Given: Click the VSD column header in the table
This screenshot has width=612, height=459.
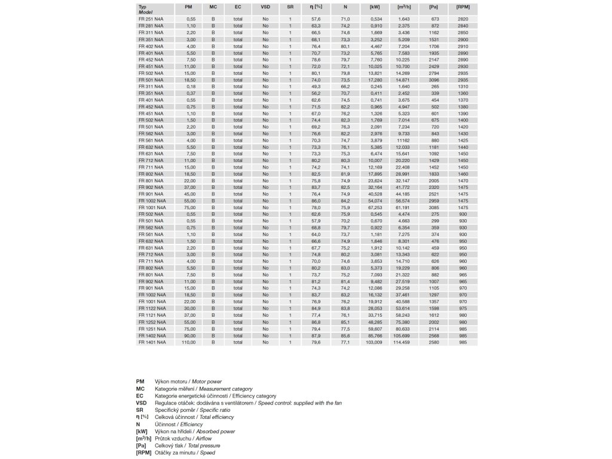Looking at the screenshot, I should click(x=265, y=8).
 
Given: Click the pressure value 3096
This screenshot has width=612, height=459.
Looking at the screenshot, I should click(x=434, y=79).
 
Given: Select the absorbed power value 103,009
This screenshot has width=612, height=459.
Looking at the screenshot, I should click(x=373, y=342).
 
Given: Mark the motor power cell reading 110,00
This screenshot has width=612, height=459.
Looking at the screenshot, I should click(x=190, y=342).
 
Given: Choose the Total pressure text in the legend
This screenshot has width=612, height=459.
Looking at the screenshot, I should click(x=201, y=445).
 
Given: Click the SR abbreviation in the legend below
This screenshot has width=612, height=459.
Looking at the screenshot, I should click(x=139, y=409).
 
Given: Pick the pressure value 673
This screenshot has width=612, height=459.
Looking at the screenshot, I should click(x=434, y=19).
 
